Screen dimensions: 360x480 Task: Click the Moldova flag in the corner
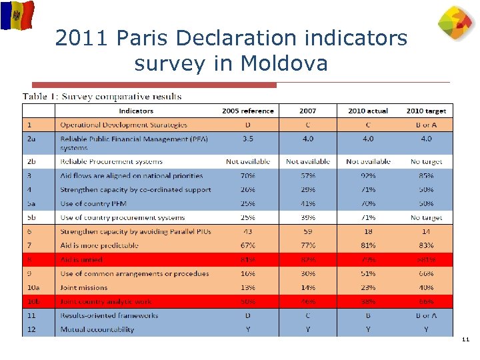pyautogui.click(x=17, y=15)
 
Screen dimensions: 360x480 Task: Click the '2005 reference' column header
pyautogui.click(x=248, y=111)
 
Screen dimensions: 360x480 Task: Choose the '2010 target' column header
pyautogui.click(x=426, y=111)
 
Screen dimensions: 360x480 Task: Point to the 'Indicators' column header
pyautogui.click(x=136, y=111)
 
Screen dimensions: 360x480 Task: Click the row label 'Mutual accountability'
pyautogui.click(x=97, y=329)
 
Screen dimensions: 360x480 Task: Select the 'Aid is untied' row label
pyautogui.click(x=81, y=259)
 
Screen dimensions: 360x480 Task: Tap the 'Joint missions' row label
pyautogui.click(x=84, y=287)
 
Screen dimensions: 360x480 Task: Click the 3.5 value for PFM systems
pyautogui.click(x=248, y=139)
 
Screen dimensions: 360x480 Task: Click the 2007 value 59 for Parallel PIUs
pyautogui.click(x=308, y=231)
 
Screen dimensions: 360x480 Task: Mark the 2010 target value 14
pyautogui.click(x=426, y=231)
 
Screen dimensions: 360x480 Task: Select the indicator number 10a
pyautogui.click(x=33, y=287)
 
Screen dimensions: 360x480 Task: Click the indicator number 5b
pyautogui.click(x=32, y=217)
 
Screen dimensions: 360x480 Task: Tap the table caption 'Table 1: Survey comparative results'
pyautogui.click(x=102, y=96)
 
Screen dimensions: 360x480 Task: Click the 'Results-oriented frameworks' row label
pyautogui.click(x=109, y=315)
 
